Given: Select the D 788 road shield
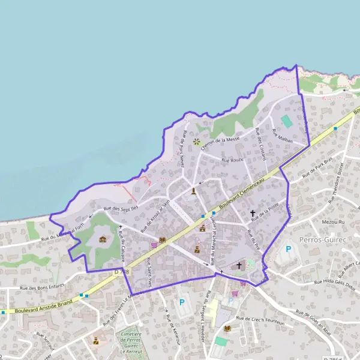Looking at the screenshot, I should [121, 272].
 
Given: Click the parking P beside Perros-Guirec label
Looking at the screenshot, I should [288, 249].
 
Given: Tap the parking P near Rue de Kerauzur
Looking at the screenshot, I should [181, 302].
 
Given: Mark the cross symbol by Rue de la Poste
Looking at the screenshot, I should [253, 213].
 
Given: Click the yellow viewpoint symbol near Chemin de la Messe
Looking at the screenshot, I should [196, 142].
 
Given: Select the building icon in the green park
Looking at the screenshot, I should [103, 239].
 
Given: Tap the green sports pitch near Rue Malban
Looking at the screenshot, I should [287, 121].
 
